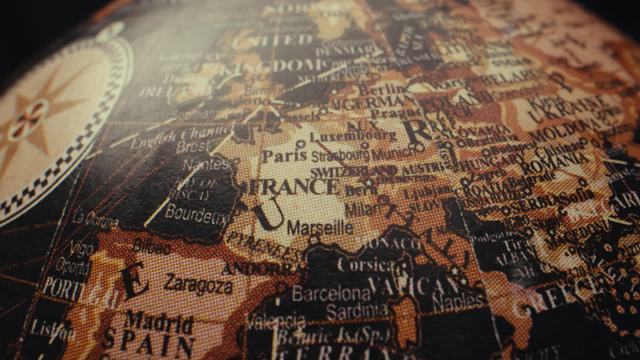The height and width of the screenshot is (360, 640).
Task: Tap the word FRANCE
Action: pyautogui.click(x=295, y=187)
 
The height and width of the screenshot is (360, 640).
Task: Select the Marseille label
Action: pyautogui.click(x=320, y=228)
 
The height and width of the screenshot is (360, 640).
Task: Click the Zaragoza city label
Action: pyautogui.click(x=198, y=284)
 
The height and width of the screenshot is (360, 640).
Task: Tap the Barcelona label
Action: pyautogui.click(x=330, y=293)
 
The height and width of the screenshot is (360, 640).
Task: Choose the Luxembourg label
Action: pyautogui.click(x=353, y=136)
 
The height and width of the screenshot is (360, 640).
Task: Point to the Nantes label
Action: pyautogui.click(x=205, y=164)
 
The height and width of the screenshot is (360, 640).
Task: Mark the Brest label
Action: pyautogui.click(x=193, y=147)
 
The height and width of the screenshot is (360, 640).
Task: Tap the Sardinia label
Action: pyautogui.click(x=356, y=311)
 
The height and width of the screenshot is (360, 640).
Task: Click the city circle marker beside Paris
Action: pyautogui.click(x=300, y=144)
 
